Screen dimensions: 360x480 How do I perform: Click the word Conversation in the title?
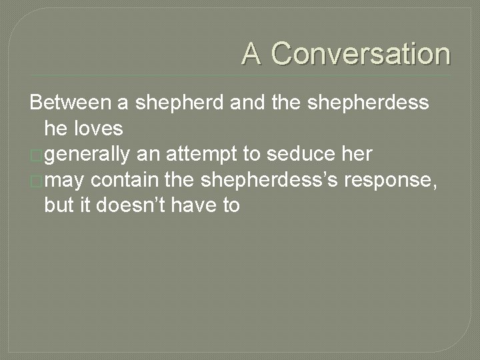[x=361, y=54]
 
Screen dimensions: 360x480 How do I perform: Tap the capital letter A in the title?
[x=252, y=54]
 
